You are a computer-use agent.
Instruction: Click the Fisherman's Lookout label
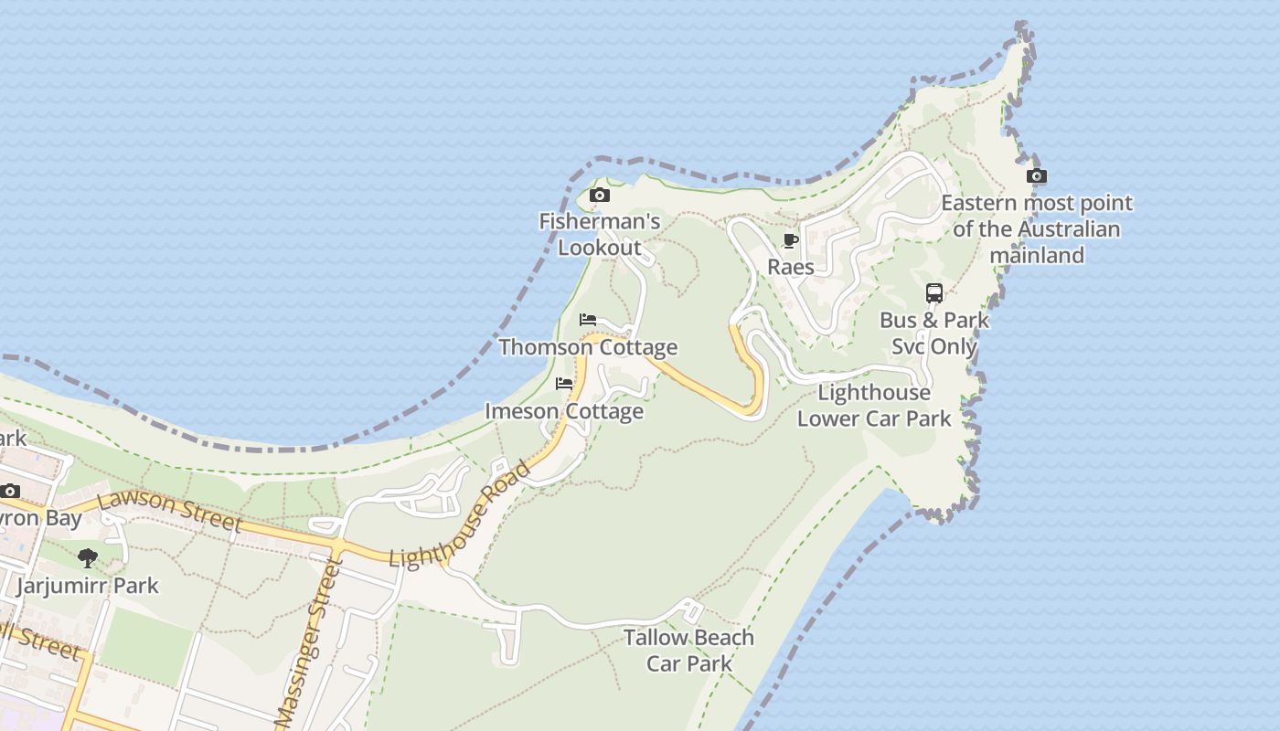pos(599,234)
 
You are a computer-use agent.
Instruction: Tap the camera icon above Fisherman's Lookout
pos(600,195)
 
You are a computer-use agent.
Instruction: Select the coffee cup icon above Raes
pos(791,240)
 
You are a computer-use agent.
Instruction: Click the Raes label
pos(791,267)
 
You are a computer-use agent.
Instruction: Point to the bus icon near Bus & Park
pos(933,293)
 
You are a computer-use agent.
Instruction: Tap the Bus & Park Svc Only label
pos(933,334)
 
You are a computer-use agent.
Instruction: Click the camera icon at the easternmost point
pos(1036,175)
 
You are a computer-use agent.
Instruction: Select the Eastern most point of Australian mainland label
pos(1037,228)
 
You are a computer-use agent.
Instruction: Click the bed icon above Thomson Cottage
pos(588,320)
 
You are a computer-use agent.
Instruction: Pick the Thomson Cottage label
pos(588,347)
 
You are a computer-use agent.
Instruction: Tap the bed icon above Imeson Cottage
pos(564,384)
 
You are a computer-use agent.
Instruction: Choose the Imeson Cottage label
pos(564,411)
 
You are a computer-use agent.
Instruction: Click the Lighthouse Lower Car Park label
pos(874,406)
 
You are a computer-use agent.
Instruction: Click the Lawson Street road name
pos(169,511)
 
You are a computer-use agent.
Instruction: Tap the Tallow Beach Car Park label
pos(688,650)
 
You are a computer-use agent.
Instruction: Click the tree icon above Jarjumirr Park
pos(88,557)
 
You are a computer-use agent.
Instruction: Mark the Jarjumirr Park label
pos(88,586)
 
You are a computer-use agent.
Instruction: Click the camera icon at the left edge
pos(10,491)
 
